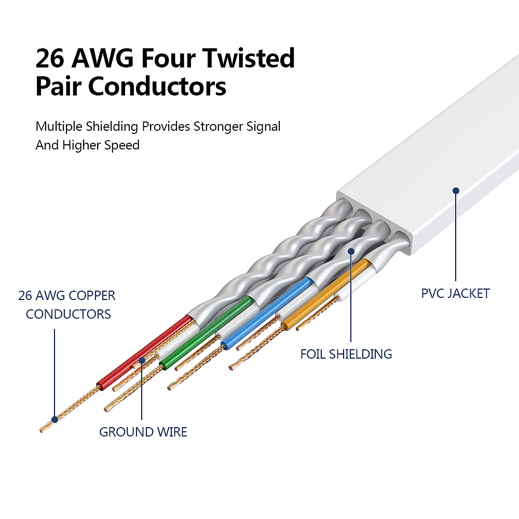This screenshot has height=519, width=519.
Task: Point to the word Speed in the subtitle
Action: pos(121,145)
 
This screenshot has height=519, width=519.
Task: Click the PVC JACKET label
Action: pos(455,294)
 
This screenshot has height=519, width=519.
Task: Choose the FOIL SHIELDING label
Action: pos(346,354)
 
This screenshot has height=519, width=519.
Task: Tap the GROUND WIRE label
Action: pos(143,432)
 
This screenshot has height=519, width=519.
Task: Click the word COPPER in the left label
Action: pos(90,296)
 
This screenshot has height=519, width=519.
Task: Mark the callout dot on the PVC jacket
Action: pos(456,190)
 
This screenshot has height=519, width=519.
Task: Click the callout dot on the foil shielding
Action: pos(351,251)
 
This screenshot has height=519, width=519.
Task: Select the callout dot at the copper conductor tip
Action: pos(54,419)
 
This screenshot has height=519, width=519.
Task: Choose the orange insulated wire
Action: pos(327,296)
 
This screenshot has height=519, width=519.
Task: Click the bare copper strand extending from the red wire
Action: pos(73,407)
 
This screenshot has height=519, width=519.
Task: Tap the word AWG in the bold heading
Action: pos(99,59)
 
